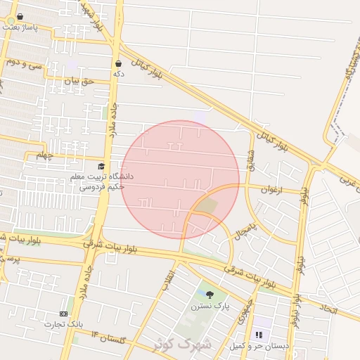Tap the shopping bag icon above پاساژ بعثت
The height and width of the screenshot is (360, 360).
(x=19, y=16)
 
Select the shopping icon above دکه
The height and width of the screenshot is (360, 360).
(x=118, y=63)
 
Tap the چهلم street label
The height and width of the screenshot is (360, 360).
(x=45, y=155)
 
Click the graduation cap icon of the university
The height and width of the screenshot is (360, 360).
(x=101, y=167)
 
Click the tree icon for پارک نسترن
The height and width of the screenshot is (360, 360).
(x=210, y=295)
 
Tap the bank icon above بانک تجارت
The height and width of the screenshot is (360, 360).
(x=64, y=314)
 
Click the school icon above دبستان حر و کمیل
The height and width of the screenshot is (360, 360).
(x=259, y=335)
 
